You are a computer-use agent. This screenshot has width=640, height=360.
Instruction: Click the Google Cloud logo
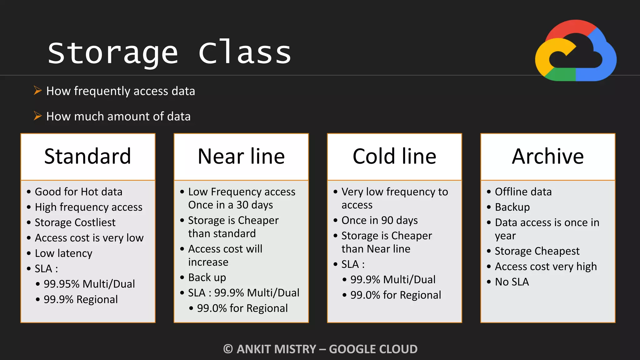click(576, 51)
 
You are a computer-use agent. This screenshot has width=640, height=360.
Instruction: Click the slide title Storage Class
click(169, 53)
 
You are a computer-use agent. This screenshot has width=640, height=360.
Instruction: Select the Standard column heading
click(87, 156)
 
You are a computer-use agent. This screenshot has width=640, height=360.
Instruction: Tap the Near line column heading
click(241, 156)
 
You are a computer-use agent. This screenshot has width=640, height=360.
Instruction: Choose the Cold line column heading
click(394, 156)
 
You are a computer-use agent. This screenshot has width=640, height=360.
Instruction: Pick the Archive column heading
click(547, 156)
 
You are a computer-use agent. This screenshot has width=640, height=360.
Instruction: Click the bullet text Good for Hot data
click(78, 192)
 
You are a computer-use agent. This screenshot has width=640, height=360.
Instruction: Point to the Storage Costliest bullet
click(75, 222)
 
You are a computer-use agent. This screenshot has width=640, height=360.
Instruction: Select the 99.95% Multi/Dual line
click(89, 284)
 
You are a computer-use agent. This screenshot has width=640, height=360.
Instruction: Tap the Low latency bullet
click(63, 253)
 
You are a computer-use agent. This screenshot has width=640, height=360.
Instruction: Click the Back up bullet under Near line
click(207, 277)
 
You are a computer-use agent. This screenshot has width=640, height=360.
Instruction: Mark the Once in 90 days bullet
click(379, 220)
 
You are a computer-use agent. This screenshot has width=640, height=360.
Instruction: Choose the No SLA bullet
click(512, 282)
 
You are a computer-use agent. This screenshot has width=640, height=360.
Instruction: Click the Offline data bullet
click(523, 192)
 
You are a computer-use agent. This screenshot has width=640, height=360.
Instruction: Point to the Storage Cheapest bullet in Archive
click(537, 251)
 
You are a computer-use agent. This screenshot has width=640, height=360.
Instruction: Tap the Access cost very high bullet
click(546, 267)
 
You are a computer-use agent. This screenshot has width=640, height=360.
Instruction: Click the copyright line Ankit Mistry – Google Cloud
click(320, 349)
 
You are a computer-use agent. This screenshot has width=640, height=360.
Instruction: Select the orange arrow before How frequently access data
click(38, 91)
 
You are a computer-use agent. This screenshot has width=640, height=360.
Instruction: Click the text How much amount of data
click(118, 116)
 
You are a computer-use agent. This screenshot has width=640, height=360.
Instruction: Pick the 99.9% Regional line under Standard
click(81, 299)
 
